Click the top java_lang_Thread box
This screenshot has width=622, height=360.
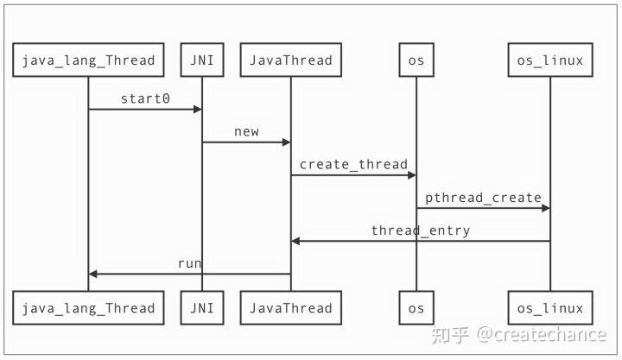tap(88, 60)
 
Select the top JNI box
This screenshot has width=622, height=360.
tap(201, 60)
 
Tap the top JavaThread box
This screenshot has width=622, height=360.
tap(290, 60)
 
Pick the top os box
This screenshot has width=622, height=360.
tap(416, 60)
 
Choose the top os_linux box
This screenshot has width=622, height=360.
tap(549, 60)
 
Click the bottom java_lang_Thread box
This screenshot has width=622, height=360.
tap(88, 308)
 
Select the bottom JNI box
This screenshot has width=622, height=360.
tap(201, 308)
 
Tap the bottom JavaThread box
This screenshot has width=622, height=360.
tap(290, 308)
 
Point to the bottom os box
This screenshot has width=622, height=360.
tap(416, 308)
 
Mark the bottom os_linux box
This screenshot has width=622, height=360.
tap(549, 308)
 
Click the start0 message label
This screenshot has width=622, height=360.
tap(145, 98)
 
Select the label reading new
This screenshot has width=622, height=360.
tap(246, 131)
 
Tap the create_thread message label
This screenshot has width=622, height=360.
tap(353, 164)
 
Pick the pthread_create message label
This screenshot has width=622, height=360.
tap(483, 197)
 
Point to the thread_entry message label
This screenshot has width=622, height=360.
tap(421, 230)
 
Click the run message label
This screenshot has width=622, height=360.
tap(190, 262)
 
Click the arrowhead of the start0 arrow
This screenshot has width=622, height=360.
tap(197, 109)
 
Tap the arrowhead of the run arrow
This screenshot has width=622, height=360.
tap(93, 274)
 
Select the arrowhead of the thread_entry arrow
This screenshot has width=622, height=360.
tap(295, 241)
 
